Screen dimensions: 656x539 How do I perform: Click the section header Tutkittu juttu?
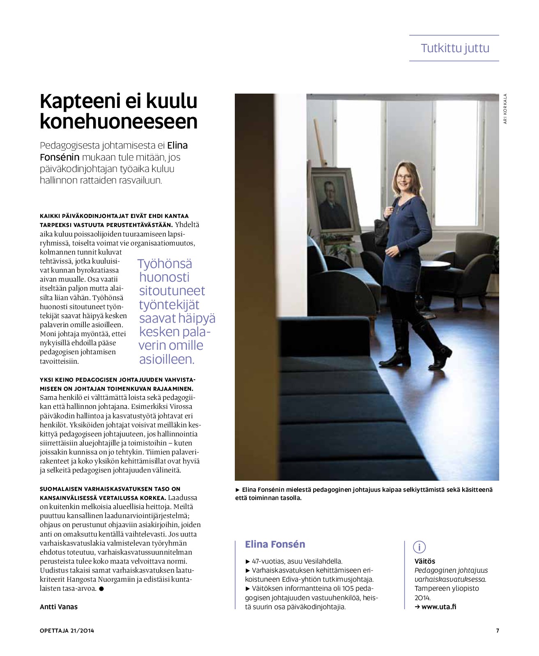click(x=455, y=48)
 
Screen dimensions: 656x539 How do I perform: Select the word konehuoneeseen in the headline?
click(x=119, y=122)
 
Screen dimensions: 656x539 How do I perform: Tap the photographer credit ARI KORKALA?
click(x=505, y=109)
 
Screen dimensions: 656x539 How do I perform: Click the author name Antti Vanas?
click(x=59, y=607)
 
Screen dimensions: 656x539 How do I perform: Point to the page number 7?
click(x=498, y=631)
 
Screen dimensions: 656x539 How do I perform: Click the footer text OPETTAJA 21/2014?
click(x=67, y=631)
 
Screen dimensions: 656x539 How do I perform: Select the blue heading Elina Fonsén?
click(x=275, y=544)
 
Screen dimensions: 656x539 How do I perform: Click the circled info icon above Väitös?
click(x=419, y=547)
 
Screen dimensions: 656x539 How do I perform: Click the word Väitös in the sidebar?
click(x=424, y=561)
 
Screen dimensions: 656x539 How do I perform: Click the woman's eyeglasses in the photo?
click(x=403, y=177)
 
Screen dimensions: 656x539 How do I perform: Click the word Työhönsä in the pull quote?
click(x=165, y=264)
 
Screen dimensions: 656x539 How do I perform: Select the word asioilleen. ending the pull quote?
click(x=166, y=359)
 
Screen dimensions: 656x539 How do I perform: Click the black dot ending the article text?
click(x=101, y=589)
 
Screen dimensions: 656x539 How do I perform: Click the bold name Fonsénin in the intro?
click(x=60, y=157)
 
